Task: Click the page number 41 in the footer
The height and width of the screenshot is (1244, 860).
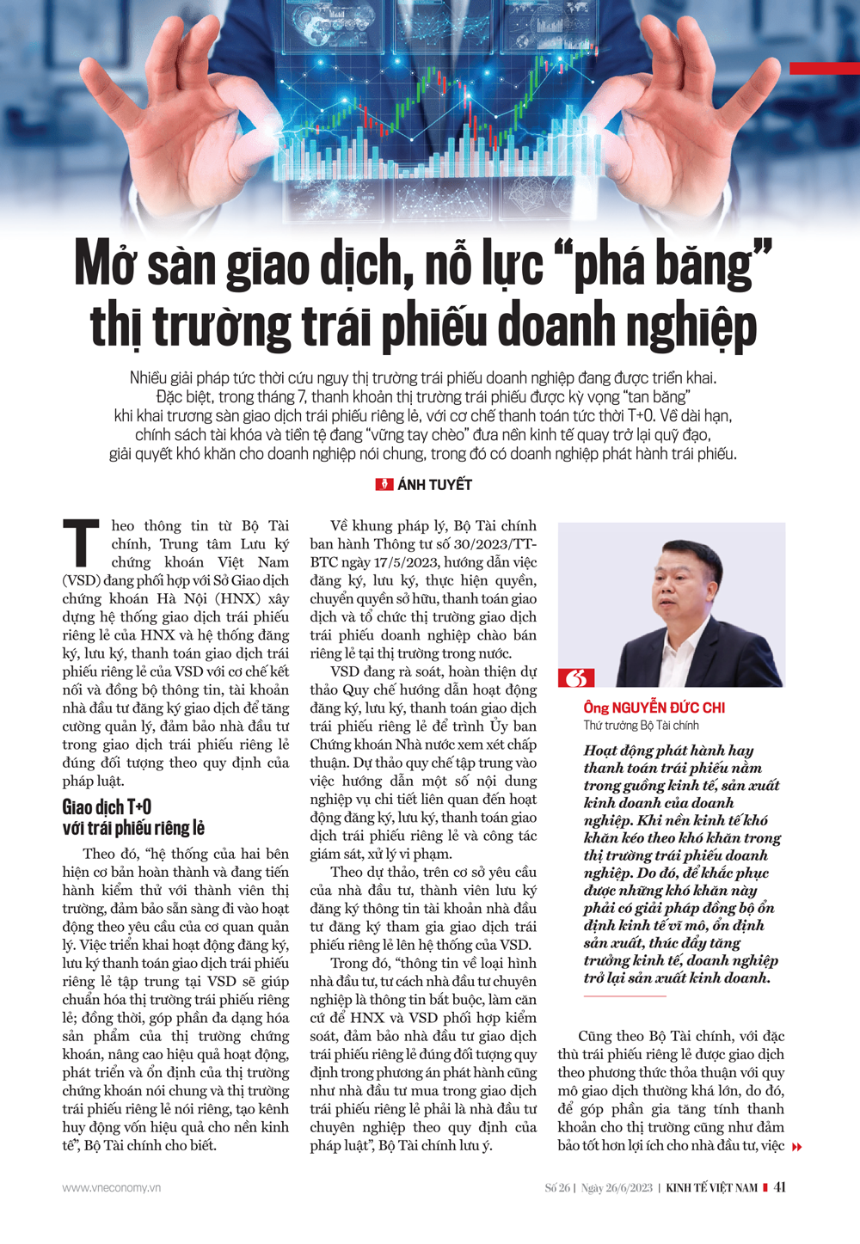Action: [x=779, y=1187]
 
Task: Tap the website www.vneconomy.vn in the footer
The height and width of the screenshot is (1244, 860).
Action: [x=111, y=1188]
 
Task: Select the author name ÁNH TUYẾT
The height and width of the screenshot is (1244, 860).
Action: [x=434, y=485]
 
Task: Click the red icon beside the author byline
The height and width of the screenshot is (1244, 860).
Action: [x=384, y=485]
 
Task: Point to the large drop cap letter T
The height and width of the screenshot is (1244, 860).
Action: [x=82, y=544]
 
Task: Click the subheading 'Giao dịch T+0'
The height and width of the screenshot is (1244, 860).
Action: [x=107, y=807]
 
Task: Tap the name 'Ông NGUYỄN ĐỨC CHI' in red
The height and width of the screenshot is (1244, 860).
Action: [x=654, y=708]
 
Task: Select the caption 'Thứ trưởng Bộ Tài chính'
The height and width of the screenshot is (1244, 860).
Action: [x=641, y=726]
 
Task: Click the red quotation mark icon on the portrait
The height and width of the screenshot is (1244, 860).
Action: [x=576, y=677]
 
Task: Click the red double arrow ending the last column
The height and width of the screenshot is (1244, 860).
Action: [x=797, y=1147]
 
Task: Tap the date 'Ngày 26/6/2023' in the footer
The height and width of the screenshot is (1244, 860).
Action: [x=617, y=1188]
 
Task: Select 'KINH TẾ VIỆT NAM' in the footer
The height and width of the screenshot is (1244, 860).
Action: [x=711, y=1188]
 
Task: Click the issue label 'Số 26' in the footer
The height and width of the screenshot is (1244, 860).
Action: [x=557, y=1188]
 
